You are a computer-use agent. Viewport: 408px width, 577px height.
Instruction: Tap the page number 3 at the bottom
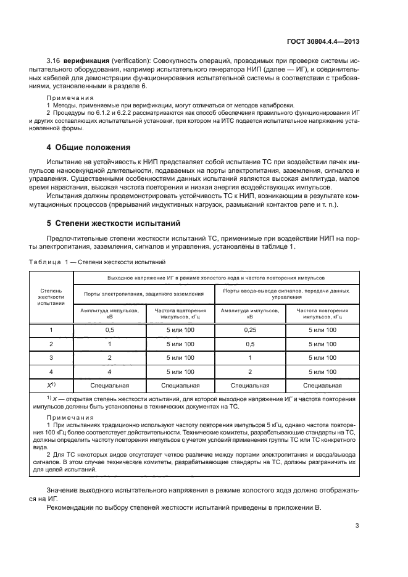(x=357, y=526)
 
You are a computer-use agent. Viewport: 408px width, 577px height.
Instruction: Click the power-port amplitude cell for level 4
(x=109, y=372)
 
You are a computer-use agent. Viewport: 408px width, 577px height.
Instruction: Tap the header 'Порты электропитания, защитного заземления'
(x=144, y=293)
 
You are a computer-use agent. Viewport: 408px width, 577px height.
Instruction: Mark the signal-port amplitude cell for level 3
(x=250, y=358)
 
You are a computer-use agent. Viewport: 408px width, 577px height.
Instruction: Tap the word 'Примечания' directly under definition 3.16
(x=70, y=98)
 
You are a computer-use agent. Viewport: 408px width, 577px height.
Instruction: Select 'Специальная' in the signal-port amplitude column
(x=250, y=386)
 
